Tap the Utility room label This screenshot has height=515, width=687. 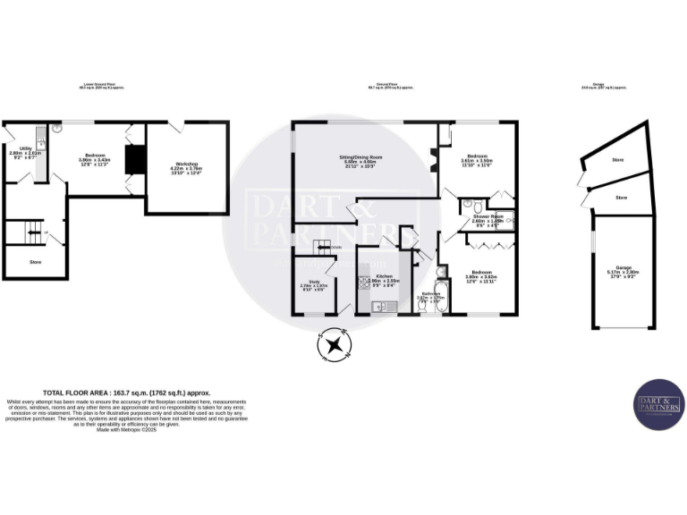pos(26,151)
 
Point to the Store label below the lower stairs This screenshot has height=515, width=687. pos(35,262)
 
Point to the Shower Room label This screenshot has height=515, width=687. pos(488,218)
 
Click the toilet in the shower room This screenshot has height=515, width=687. pos(467,207)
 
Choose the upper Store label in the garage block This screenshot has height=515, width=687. pos(616,160)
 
